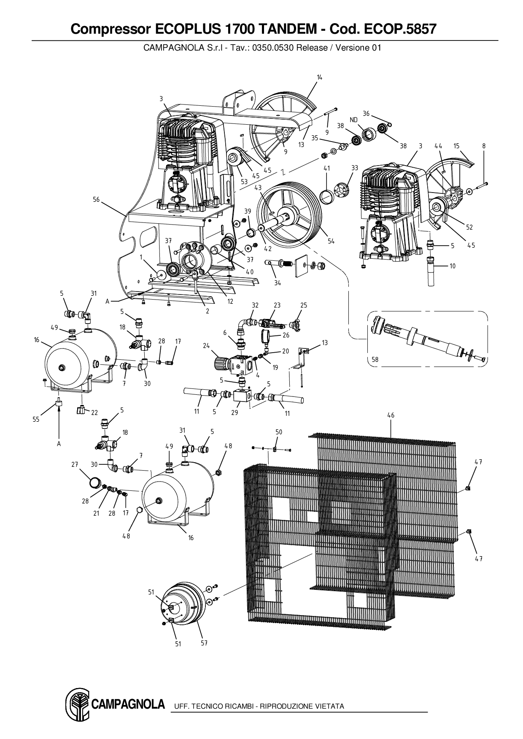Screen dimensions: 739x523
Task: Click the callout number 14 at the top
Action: pos(319,77)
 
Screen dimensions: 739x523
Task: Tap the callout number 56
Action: pos(96,199)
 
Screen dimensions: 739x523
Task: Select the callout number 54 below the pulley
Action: pos(331,241)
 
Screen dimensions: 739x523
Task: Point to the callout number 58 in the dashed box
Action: pos(375,359)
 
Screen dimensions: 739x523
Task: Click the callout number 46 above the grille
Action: pos(391,415)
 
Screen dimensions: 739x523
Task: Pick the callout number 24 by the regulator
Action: pos(206,346)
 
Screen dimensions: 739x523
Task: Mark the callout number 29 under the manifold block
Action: pos(235,412)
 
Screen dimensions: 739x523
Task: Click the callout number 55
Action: pos(37,419)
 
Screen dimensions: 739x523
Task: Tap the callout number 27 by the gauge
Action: pos(75,464)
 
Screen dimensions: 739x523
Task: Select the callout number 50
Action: pos(279,432)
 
